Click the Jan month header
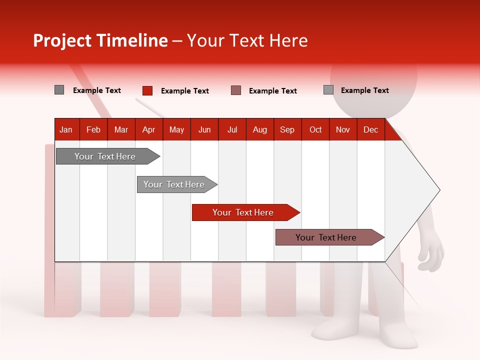[x=66, y=129]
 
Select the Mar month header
[x=121, y=129]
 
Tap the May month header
[x=176, y=129]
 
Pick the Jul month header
[x=232, y=129]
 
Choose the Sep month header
[x=287, y=129]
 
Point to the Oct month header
[x=315, y=129]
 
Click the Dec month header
[x=370, y=129]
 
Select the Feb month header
[x=93, y=129]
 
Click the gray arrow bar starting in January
[x=105, y=156]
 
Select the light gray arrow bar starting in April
[x=174, y=184]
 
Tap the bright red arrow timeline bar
[x=243, y=212]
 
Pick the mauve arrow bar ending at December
[x=326, y=237]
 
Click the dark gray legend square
[x=59, y=90]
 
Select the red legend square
[x=147, y=90]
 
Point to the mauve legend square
[x=236, y=90]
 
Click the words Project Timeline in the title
[x=100, y=40]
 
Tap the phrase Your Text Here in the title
[x=247, y=40]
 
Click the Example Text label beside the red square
[x=184, y=91]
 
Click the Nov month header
[x=343, y=129]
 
